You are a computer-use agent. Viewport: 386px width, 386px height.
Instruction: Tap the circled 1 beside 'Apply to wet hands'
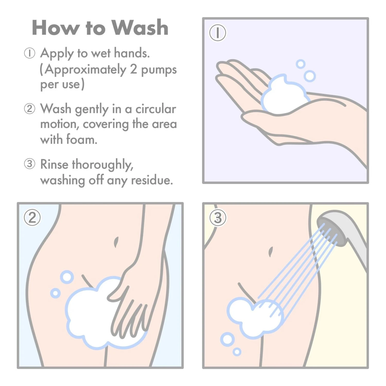[x=29, y=53]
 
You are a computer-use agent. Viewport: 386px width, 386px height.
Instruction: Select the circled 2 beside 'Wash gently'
[x=29, y=109]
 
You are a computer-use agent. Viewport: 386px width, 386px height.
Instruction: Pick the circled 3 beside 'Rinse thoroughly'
[x=29, y=164]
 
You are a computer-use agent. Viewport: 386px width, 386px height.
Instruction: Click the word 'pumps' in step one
[x=159, y=70]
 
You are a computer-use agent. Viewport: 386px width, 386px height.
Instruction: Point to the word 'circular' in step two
[x=156, y=109]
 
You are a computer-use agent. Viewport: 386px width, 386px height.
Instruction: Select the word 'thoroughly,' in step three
[x=102, y=165]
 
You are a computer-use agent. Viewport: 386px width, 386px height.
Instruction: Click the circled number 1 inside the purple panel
[x=217, y=33]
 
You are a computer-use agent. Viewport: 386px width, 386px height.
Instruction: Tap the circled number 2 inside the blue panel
[x=32, y=218]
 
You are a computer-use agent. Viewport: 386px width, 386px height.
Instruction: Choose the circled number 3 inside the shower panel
[x=218, y=218]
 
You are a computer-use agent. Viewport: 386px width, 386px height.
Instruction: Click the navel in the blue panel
[x=116, y=242]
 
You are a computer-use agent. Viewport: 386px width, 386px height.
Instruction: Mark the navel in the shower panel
[x=270, y=252]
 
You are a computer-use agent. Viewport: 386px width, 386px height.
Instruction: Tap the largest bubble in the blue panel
[x=67, y=277]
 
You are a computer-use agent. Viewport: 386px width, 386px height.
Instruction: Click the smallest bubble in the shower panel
[x=237, y=352]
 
